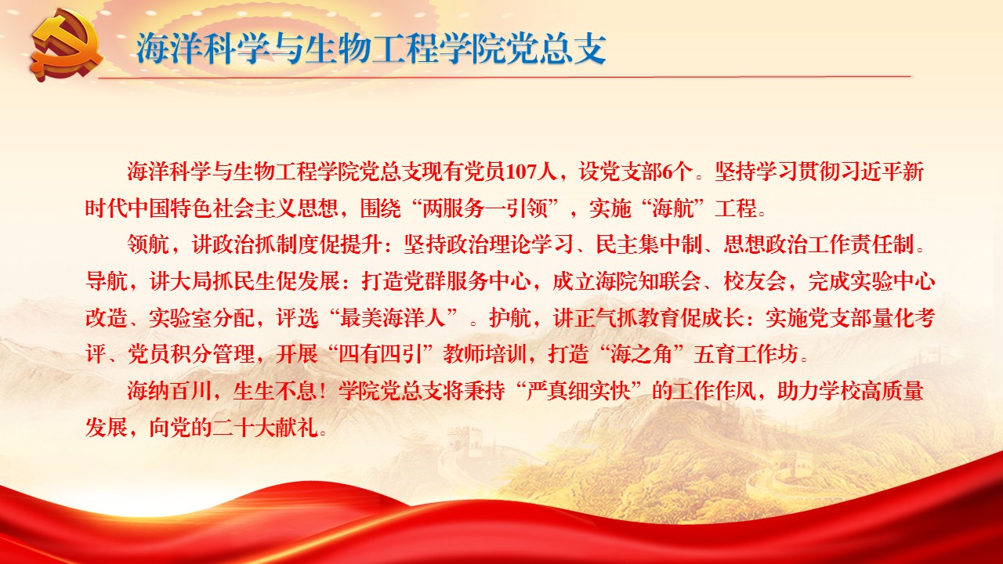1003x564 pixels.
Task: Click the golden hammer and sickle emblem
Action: pyautogui.click(x=67, y=48)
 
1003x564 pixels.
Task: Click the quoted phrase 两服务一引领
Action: pyautogui.click(x=485, y=208)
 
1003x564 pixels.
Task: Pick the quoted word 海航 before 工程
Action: pyautogui.click(x=672, y=208)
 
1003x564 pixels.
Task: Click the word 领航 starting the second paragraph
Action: pyautogui.click(x=148, y=245)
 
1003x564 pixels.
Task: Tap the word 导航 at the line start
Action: pyautogui.click(x=106, y=281)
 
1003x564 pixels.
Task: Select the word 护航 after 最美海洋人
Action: pyautogui.click(x=510, y=318)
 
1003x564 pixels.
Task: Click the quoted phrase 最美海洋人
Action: pyautogui.click(x=393, y=318)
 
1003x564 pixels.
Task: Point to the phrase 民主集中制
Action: pyautogui.click(x=649, y=245)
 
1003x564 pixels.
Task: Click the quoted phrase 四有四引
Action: pyautogui.click(x=381, y=355)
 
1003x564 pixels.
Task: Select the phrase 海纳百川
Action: pyautogui.click(x=169, y=391)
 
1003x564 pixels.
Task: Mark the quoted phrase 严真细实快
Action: pyautogui.click(x=578, y=391)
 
